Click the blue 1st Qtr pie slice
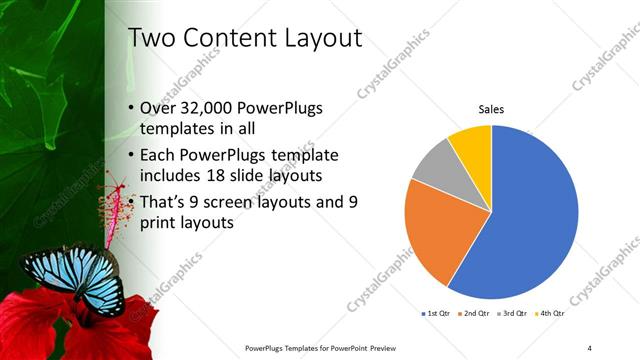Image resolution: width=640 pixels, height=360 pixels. coord(530,220)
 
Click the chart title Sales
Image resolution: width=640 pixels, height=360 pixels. coord(491,109)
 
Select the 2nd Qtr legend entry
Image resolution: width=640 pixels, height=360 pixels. coord(473,314)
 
